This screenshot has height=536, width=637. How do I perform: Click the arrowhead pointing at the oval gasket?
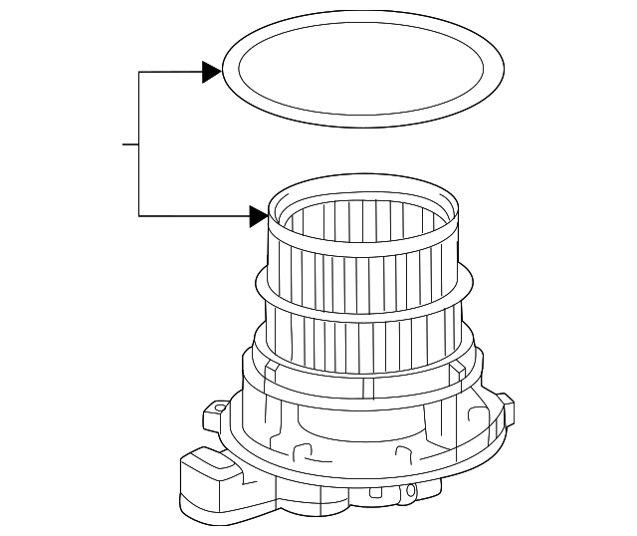coord(210,72)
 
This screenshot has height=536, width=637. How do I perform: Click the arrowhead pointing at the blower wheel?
coord(259,215)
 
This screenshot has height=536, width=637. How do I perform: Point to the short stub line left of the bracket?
coord(130,144)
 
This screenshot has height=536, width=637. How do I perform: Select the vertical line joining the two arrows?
coord(139,144)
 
